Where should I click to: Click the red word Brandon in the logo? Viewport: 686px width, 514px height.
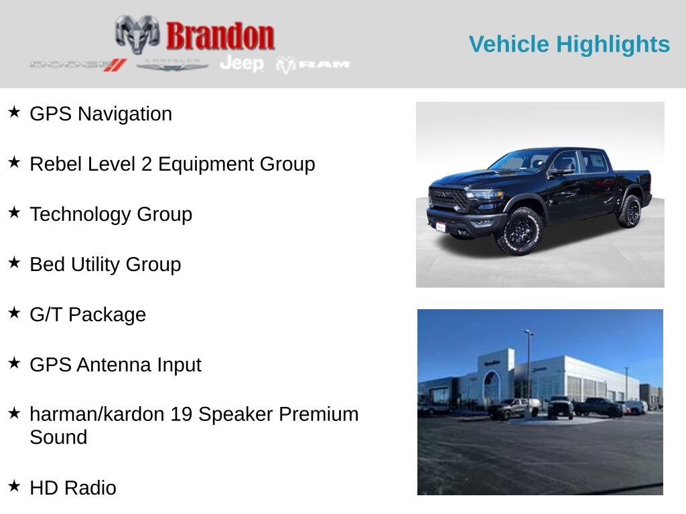tap(220, 35)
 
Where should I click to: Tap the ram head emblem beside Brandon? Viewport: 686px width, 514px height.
tap(137, 33)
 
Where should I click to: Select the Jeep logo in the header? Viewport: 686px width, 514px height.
tap(242, 64)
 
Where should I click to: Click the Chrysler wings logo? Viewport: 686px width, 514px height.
tap(172, 65)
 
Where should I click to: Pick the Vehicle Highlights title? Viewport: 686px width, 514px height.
tap(569, 44)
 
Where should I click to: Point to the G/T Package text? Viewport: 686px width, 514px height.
tap(88, 315)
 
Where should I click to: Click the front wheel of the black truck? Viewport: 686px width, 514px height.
tap(519, 231)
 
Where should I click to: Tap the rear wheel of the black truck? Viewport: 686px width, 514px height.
tap(629, 211)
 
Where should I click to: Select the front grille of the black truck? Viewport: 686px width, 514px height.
tap(448, 199)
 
